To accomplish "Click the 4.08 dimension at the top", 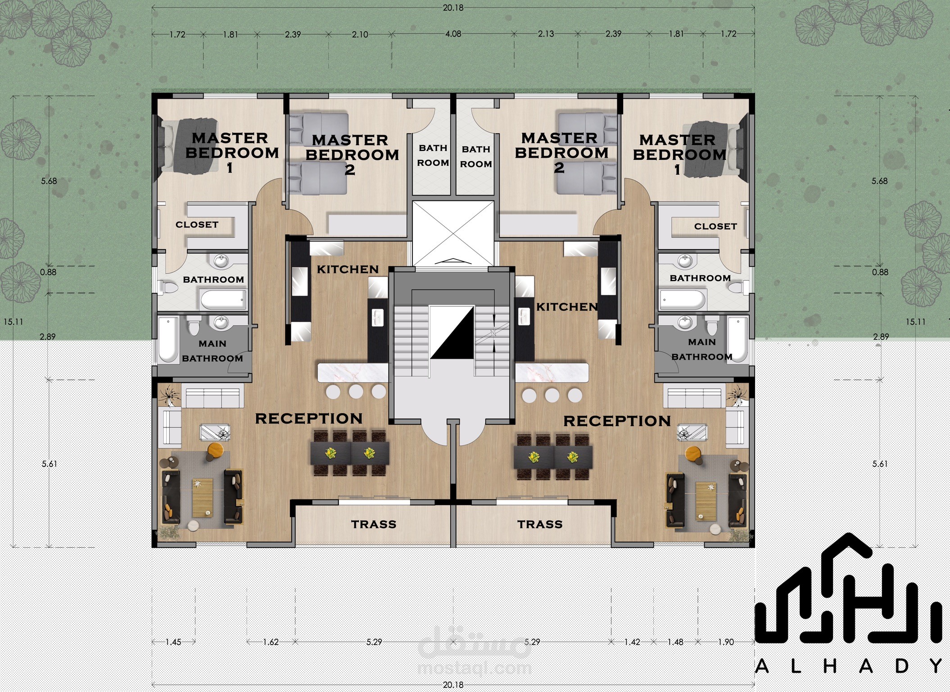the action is point(453,34).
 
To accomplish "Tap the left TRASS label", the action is point(374,524).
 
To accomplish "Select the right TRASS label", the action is point(540,524).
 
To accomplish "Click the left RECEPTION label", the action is point(309,419).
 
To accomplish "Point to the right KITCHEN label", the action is point(567,307).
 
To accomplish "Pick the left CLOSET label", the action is point(197,224).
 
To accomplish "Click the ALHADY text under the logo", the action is point(849,666).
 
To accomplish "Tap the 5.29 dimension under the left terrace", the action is point(374,642).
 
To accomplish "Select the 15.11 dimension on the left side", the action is point(13,322).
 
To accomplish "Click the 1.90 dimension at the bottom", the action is point(726,642).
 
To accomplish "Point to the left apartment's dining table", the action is point(350,453).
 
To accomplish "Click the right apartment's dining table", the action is point(553,457).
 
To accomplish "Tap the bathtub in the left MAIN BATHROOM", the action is point(168,339).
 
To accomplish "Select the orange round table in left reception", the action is point(215,450).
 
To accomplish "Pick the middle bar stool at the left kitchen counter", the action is point(356,392).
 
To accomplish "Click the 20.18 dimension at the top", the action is point(453,8).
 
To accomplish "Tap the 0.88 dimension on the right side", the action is point(880,272).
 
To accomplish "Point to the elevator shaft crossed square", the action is point(453,233).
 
